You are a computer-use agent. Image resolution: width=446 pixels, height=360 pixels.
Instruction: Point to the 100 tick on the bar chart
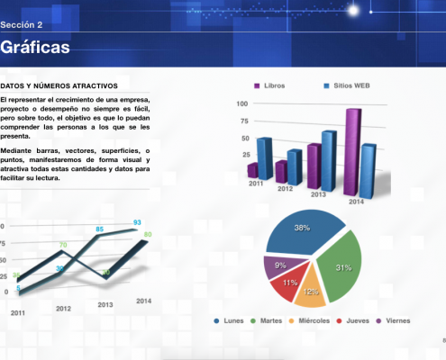242,103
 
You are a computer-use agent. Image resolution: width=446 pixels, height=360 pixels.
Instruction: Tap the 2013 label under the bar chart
318,193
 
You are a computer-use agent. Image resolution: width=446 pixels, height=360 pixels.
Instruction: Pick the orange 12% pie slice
312,290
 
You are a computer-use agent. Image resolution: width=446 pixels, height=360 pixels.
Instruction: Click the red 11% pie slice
290,283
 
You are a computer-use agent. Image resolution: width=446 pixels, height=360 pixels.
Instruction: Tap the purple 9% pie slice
280,265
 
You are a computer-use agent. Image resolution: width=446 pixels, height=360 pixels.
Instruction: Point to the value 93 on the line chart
137,221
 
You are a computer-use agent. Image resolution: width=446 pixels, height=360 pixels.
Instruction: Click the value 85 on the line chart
99,229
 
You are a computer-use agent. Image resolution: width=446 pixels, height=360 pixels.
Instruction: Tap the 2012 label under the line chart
63,308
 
